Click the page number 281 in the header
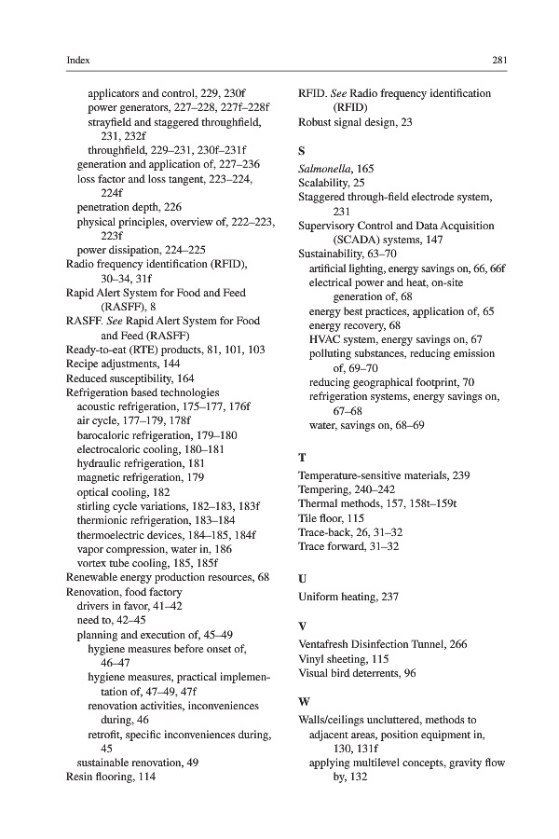click(x=498, y=60)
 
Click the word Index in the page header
click(x=78, y=60)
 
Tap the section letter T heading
click(x=301, y=458)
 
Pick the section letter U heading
click(x=302, y=579)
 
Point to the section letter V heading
click(x=302, y=626)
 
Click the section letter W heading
click(x=303, y=701)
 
